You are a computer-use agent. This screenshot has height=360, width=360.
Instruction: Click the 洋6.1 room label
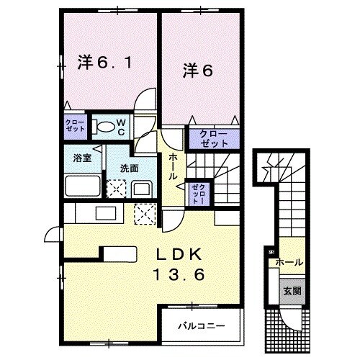[104, 63]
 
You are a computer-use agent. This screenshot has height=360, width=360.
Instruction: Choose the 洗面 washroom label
[129, 168]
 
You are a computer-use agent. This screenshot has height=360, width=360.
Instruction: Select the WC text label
[120, 127]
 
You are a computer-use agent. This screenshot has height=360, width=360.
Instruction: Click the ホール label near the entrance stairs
[289, 263]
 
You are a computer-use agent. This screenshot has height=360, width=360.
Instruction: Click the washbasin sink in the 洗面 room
[140, 189]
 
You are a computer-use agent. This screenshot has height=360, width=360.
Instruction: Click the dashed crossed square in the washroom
[115, 189]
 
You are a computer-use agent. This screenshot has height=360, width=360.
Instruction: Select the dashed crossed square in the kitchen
[145, 214]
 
